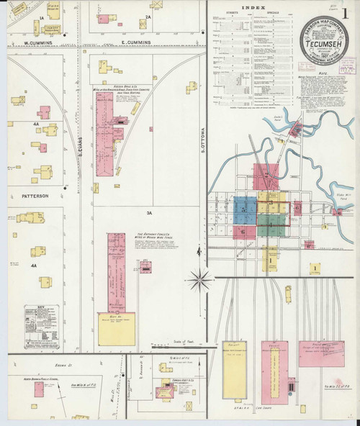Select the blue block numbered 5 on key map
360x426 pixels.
point(244,209)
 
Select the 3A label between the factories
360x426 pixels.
point(149,213)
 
